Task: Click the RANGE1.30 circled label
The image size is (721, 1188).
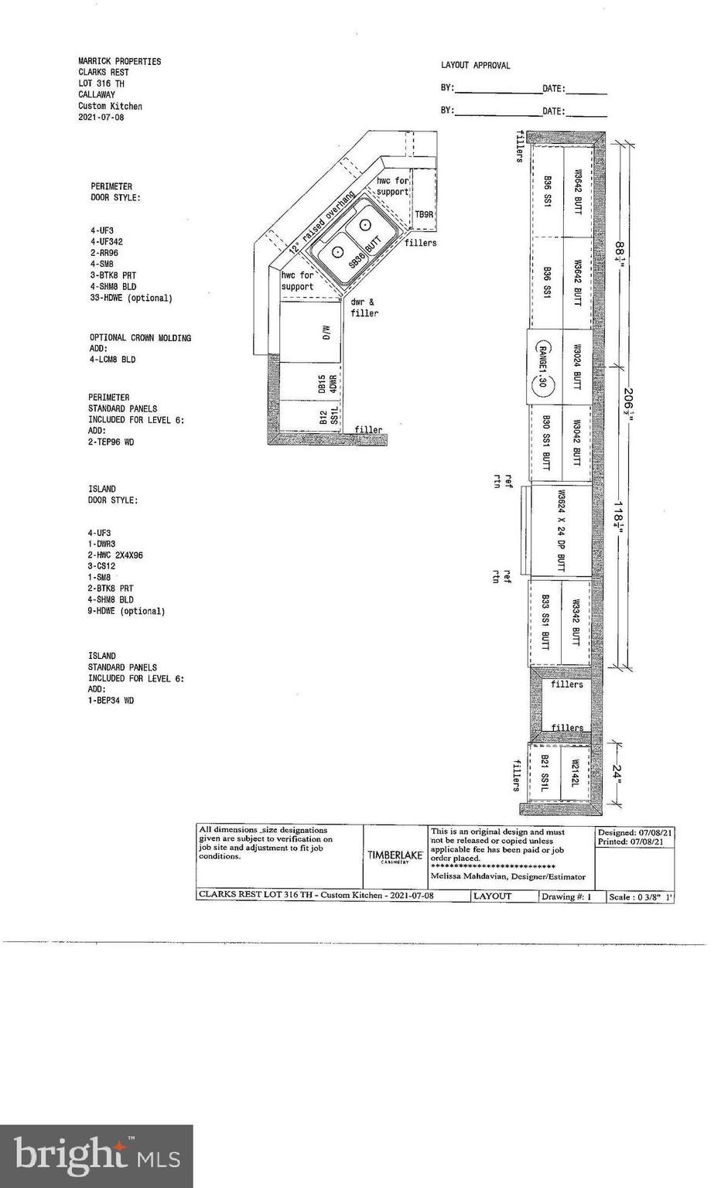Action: (542, 366)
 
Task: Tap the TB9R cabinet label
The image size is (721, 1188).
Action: (424, 214)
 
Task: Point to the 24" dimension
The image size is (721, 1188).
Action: (617, 773)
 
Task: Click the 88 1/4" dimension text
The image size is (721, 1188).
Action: (619, 252)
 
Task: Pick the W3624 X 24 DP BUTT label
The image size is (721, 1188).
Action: (561, 531)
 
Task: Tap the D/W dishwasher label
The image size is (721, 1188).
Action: (326, 333)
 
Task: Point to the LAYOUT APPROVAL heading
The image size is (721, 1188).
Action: (476, 66)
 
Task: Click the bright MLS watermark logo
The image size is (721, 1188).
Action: (97, 1156)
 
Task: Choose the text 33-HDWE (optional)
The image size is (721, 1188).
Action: (132, 298)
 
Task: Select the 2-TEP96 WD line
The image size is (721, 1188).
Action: (111, 442)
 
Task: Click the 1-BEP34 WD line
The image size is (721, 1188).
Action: (111, 701)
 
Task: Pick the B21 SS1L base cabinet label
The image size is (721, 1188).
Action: (545, 773)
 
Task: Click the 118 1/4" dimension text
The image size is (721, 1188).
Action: (619, 514)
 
